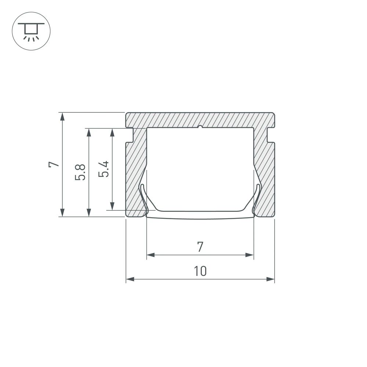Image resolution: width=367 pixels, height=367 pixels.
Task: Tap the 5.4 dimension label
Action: coord(105,169)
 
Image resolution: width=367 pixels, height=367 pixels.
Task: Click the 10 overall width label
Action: coord(200,271)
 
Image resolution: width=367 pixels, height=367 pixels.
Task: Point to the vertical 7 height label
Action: coord(54,164)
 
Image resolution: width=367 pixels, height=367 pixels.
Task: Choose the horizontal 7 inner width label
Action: coord(200,247)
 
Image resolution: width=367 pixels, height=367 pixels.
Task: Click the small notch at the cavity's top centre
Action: coord(200,128)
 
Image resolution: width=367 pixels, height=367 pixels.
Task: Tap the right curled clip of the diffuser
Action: coord(257,198)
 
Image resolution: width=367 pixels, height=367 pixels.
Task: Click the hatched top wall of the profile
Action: coord(200,120)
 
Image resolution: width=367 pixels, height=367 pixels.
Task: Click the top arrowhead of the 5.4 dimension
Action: coord(112,132)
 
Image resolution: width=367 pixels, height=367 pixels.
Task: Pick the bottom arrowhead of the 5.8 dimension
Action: coord(88,212)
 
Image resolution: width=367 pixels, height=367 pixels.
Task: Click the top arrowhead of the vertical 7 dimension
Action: coord(63,116)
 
